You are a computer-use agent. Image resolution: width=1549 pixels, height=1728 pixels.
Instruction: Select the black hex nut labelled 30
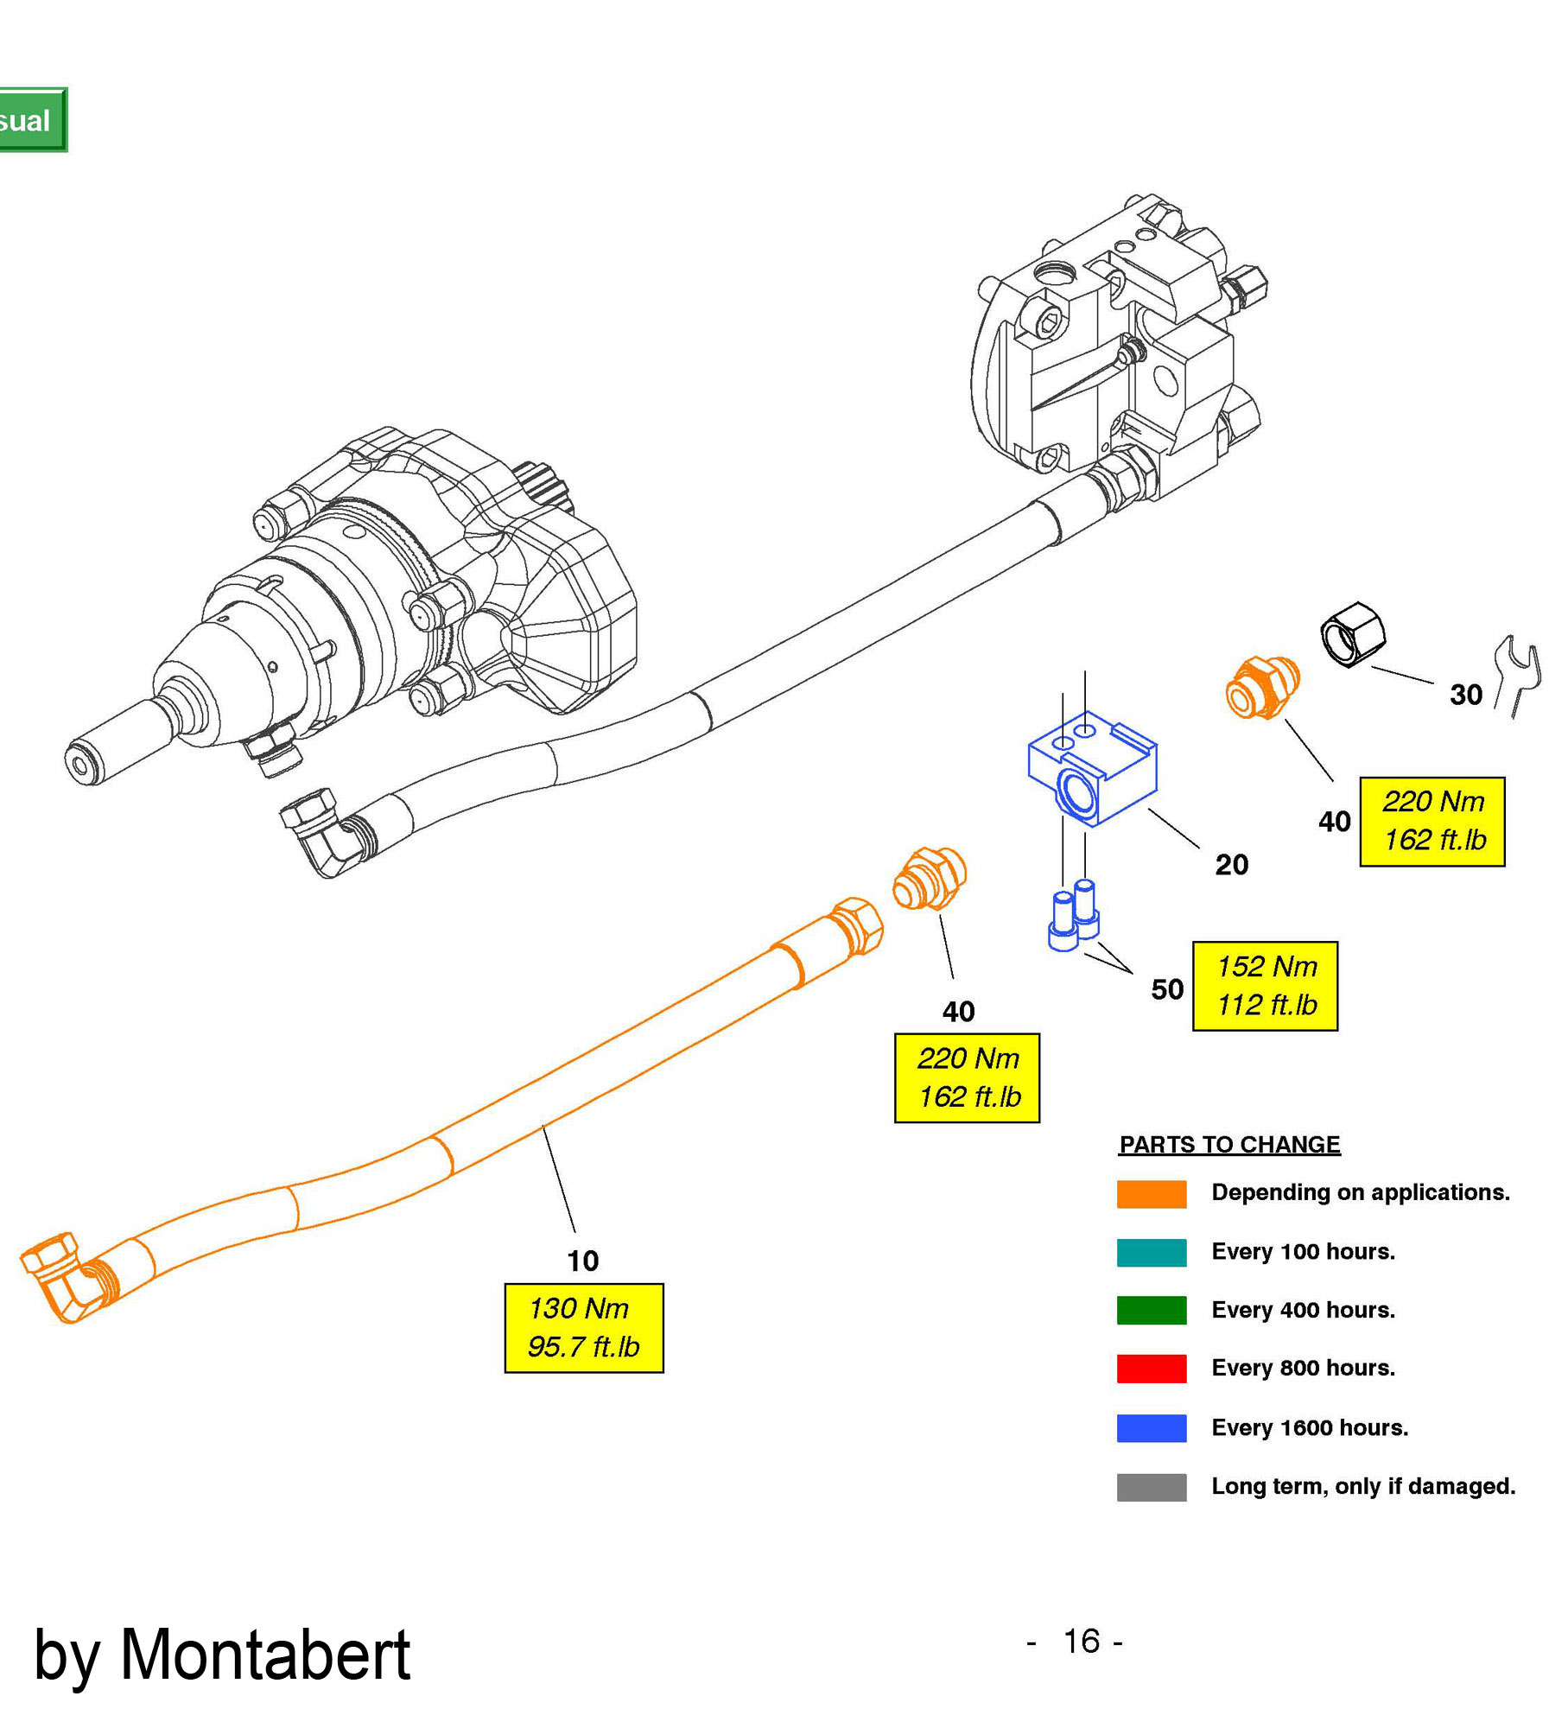coord(1353,634)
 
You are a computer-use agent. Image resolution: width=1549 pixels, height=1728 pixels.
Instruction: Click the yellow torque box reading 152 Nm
coord(1264,985)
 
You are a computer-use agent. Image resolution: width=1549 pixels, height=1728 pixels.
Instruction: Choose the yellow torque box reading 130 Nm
coord(583,1327)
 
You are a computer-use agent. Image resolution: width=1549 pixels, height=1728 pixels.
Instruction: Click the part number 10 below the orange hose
coord(582,1261)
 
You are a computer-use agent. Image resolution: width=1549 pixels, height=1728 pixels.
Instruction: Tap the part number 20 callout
coord(1231,864)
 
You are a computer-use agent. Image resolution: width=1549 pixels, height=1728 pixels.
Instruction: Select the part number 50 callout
coord(1166,988)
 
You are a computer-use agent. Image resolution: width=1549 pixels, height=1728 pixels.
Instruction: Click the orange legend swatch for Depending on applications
coord(1151,1193)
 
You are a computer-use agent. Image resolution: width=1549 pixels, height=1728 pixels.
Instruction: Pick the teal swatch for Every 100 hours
coord(1151,1252)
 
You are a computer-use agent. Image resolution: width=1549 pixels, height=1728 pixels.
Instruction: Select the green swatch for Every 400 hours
coord(1151,1310)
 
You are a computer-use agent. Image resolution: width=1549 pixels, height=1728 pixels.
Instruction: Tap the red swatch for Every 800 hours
coord(1151,1369)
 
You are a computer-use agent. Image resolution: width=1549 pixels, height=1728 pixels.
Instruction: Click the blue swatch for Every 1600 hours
coord(1151,1427)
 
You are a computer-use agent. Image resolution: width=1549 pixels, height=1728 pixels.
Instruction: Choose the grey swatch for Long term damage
coord(1151,1487)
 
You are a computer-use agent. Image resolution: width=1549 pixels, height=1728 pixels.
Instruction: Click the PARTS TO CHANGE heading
coord(1228,1144)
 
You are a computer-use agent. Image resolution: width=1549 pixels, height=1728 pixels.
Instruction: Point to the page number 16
coord(1081,1641)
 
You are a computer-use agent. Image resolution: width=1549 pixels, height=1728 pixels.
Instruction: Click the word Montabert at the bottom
coord(264,1655)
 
